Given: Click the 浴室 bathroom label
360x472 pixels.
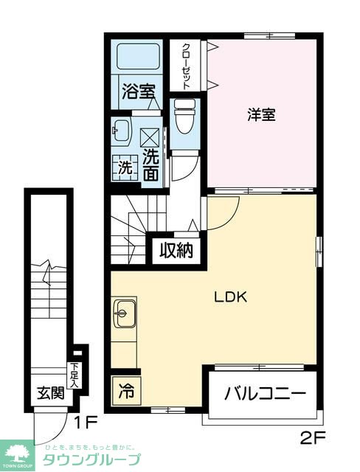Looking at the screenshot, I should tap(139, 92).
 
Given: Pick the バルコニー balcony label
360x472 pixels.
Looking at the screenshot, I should tap(265, 393).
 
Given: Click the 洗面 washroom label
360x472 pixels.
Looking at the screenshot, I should tap(150, 164).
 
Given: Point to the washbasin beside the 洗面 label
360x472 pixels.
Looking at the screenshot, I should tap(121, 133).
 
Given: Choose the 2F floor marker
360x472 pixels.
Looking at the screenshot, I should tap(313, 440).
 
